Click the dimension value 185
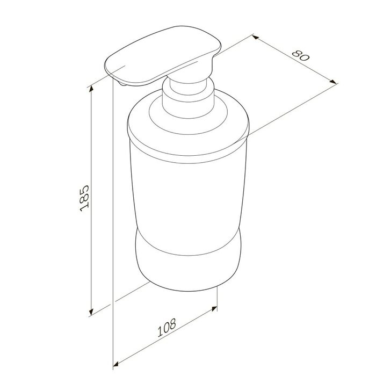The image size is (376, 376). [x=84, y=198]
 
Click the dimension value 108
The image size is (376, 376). [x=167, y=327]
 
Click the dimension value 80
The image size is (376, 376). [x=301, y=56]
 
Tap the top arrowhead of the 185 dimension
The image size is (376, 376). [x=91, y=89]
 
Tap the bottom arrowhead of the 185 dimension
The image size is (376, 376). [x=91, y=312]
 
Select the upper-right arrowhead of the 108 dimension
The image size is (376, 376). [x=214, y=308]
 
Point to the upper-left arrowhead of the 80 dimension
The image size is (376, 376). [x=256, y=37]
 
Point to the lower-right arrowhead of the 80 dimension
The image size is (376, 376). [x=334, y=82]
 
